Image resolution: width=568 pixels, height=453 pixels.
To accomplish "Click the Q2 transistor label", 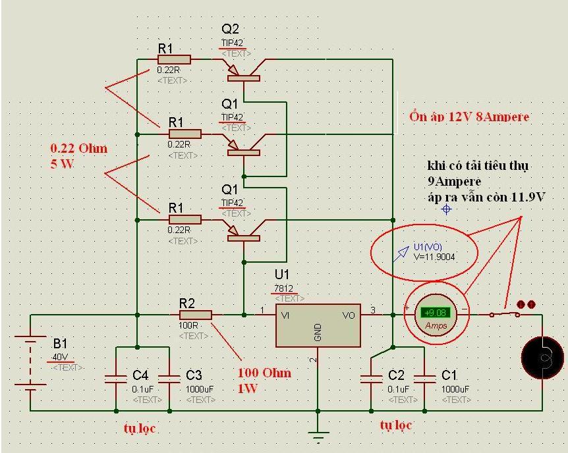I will coord(231,29).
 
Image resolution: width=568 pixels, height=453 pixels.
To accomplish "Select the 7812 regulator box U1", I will coord(318,325).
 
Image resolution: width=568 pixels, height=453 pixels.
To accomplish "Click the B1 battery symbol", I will coord(30,362).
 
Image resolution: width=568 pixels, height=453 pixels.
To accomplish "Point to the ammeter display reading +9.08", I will coord(434,313).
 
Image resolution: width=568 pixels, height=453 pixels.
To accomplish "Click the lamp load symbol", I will coord(542,357).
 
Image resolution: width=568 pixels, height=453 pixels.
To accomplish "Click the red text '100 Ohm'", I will coord(264,373).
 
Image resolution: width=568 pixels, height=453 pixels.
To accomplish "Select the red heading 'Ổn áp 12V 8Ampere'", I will coord(469,117).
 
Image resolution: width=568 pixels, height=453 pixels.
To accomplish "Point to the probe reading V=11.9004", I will coord(434,257).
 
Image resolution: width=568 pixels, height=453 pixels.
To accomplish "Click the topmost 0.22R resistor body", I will coord(174,60).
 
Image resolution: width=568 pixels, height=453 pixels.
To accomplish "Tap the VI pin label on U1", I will coord(285,315).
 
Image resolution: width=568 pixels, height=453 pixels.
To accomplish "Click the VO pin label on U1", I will coord(349,315).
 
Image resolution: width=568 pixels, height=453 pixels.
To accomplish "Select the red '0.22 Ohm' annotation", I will coord(79,149).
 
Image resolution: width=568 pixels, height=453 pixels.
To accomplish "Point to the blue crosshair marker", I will coord(446,209).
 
